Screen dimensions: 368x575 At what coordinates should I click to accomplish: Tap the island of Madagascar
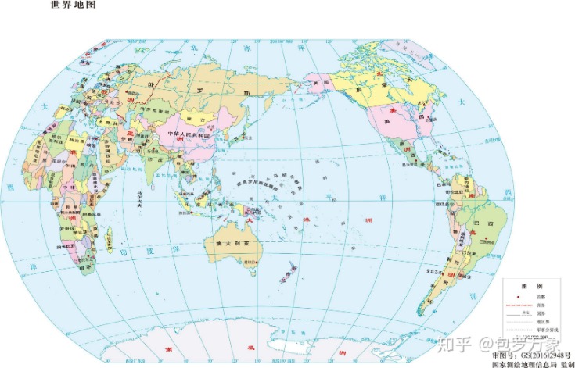[x=108, y=236]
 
